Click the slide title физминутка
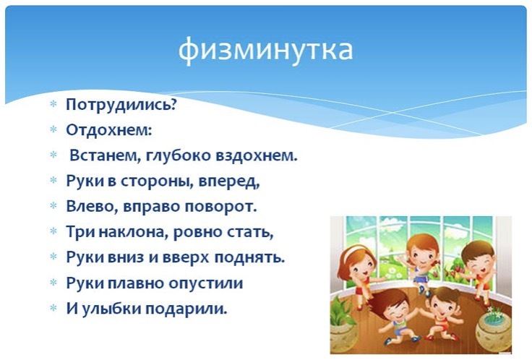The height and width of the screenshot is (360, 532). (x=266, y=50)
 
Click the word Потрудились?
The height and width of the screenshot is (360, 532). (x=122, y=105)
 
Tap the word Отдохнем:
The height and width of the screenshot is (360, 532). (x=109, y=129)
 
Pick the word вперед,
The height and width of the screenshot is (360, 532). (x=229, y=182)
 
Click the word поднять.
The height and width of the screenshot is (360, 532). (x=249, y=258)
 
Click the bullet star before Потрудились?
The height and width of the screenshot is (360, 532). (x=53, y=104)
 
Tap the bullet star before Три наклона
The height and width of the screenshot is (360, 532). (x=53, y=231)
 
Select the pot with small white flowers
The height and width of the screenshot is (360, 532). (x=493, y=328)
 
